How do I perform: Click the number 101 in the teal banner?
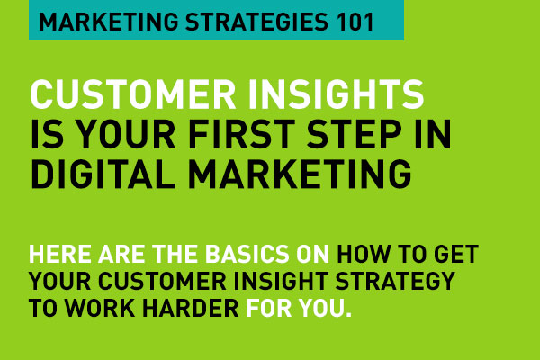(355, 22)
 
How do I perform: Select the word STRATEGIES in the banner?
(256, 22)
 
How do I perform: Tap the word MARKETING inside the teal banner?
(108, 22)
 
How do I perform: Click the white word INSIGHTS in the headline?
(336, 94)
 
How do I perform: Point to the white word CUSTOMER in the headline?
(133, 94)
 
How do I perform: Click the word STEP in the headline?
(354, 135)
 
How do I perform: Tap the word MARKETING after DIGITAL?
(300, 175)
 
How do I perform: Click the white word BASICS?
(247, 254)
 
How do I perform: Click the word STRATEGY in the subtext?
(395, 281)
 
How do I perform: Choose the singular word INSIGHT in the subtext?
(281, 281)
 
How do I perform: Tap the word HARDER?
(191, 308)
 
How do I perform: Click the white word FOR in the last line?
(268, 308)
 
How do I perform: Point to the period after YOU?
(348, 314)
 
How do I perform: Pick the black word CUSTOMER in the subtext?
(163, 281)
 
